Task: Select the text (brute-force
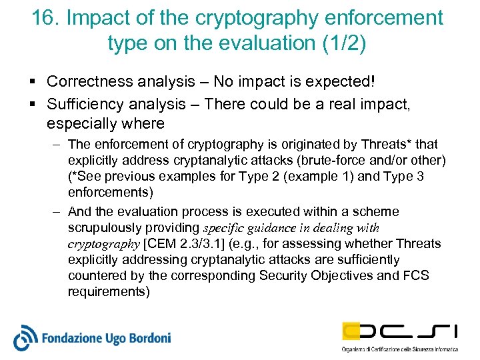349,161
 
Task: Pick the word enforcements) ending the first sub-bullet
110,193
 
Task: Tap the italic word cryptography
103,243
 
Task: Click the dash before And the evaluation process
57,211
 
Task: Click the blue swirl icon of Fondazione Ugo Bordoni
27,337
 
